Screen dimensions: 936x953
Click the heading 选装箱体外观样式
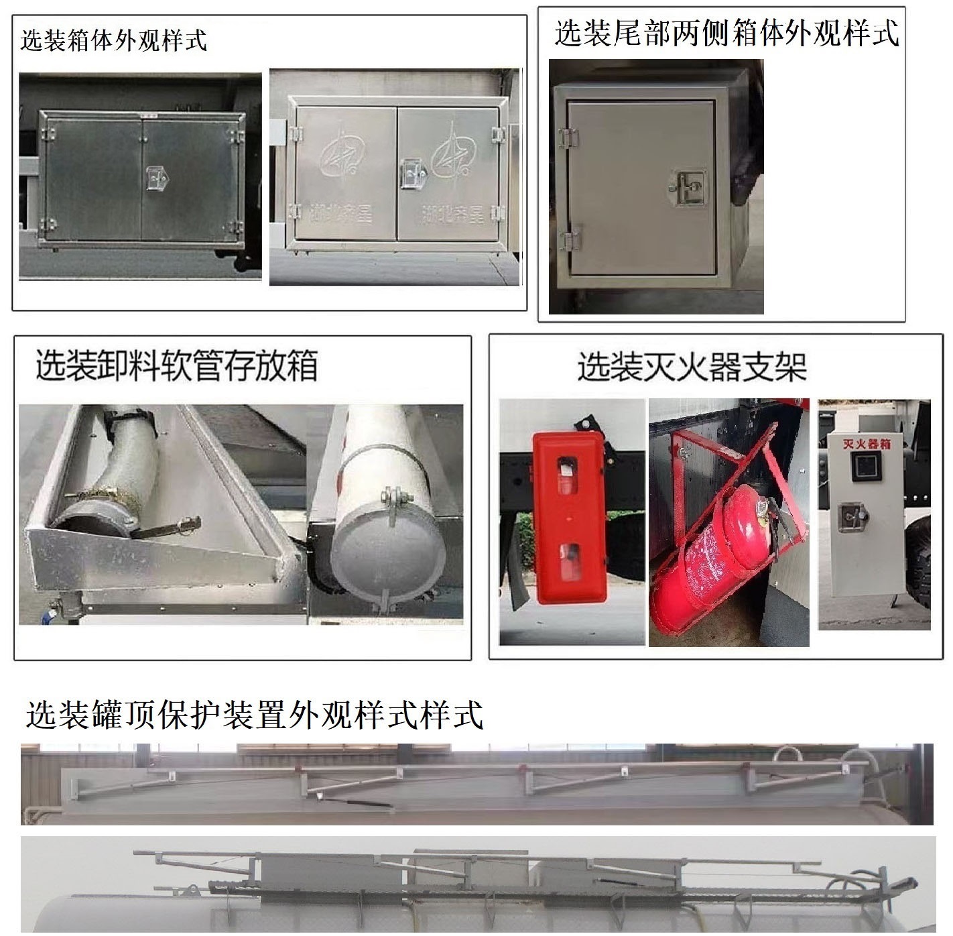[113, 40]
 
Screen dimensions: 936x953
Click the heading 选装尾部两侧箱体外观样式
[726, 34]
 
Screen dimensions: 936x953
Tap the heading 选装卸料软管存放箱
[176, 365]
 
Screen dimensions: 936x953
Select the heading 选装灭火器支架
[692, 367]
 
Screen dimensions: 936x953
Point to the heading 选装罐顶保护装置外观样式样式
[255, 715]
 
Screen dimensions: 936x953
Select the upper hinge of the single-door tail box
[568, 137]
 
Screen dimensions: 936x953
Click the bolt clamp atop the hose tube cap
[392, 500]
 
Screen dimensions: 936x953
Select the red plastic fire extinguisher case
[568, 510]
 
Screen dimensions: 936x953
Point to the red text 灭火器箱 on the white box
[867, 444]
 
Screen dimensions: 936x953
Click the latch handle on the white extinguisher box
[856, 516]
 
